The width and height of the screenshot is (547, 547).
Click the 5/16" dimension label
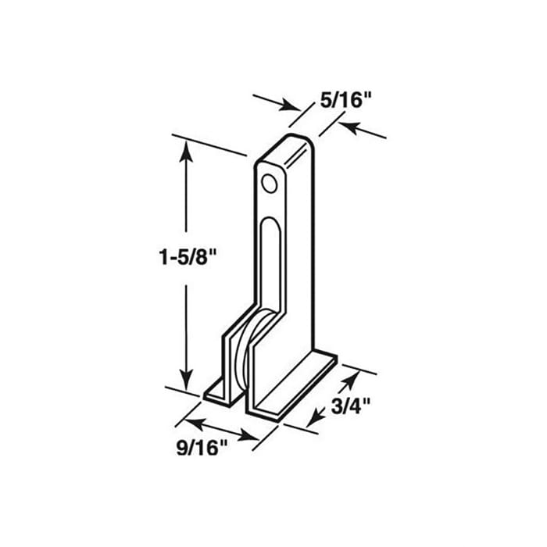tap(345, 100)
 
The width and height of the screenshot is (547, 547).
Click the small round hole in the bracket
tap(269, 184)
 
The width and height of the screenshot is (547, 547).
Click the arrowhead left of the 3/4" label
tap(313, 420)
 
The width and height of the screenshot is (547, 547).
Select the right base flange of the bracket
tap(297, 387)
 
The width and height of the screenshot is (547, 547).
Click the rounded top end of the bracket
tap(293, 143)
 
